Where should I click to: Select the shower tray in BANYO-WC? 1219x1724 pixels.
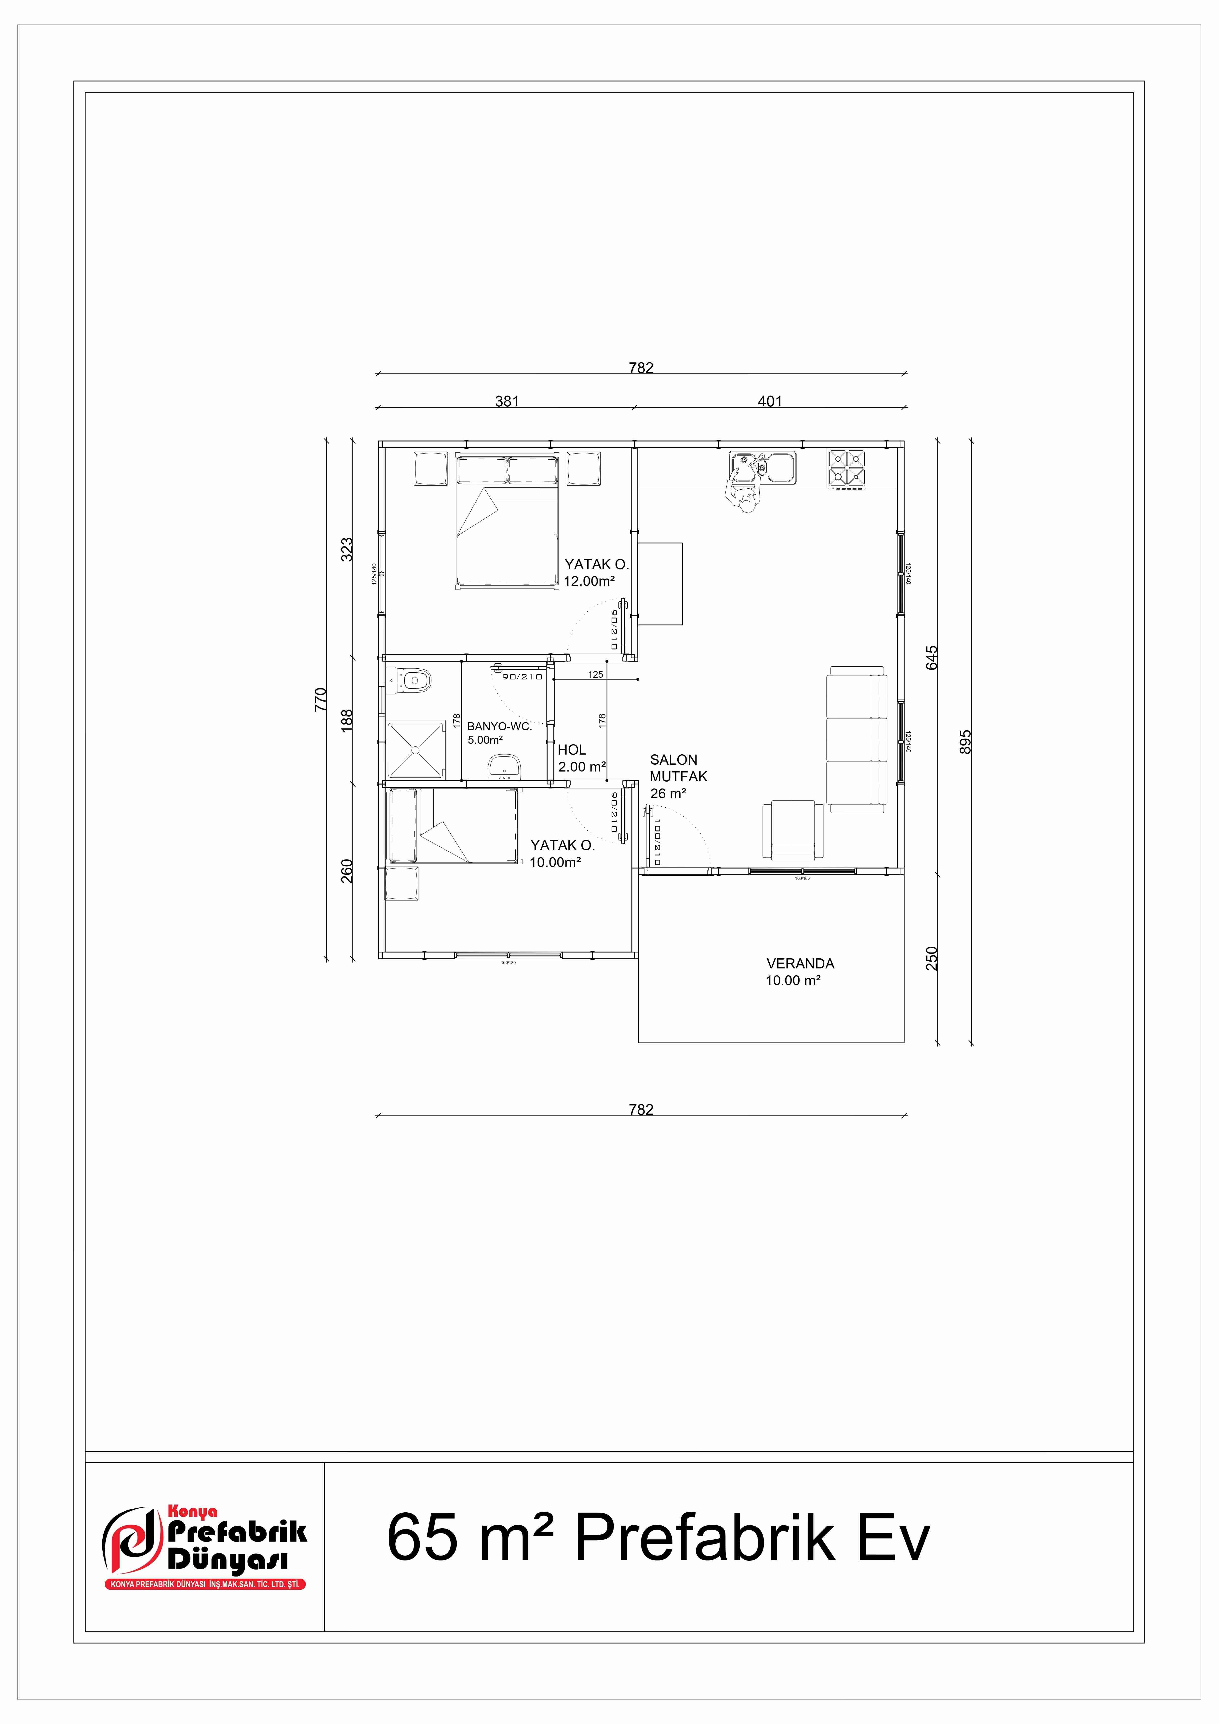tap(415, 749)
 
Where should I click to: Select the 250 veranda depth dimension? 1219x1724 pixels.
tap(932, 958)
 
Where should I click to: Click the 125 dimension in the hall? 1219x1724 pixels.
tap(595, 674)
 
